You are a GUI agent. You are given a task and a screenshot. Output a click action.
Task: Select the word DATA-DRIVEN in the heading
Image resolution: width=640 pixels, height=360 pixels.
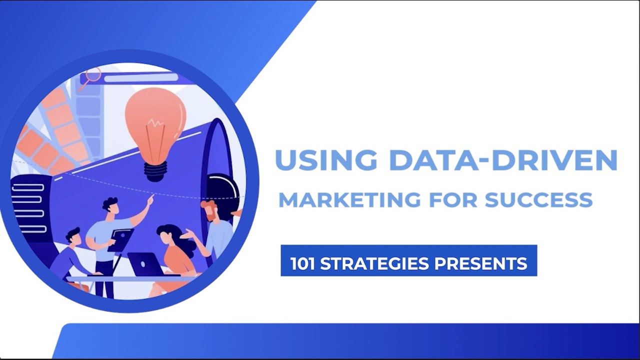pos(503,159)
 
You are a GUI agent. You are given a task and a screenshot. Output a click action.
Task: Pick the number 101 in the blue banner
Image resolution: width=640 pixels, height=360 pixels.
pos(302,263)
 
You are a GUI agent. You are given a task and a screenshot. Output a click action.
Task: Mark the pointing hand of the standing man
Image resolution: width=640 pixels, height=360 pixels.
pos(149,199)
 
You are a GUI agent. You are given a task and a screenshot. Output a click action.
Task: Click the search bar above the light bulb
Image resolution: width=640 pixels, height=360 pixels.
pos(140,77)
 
